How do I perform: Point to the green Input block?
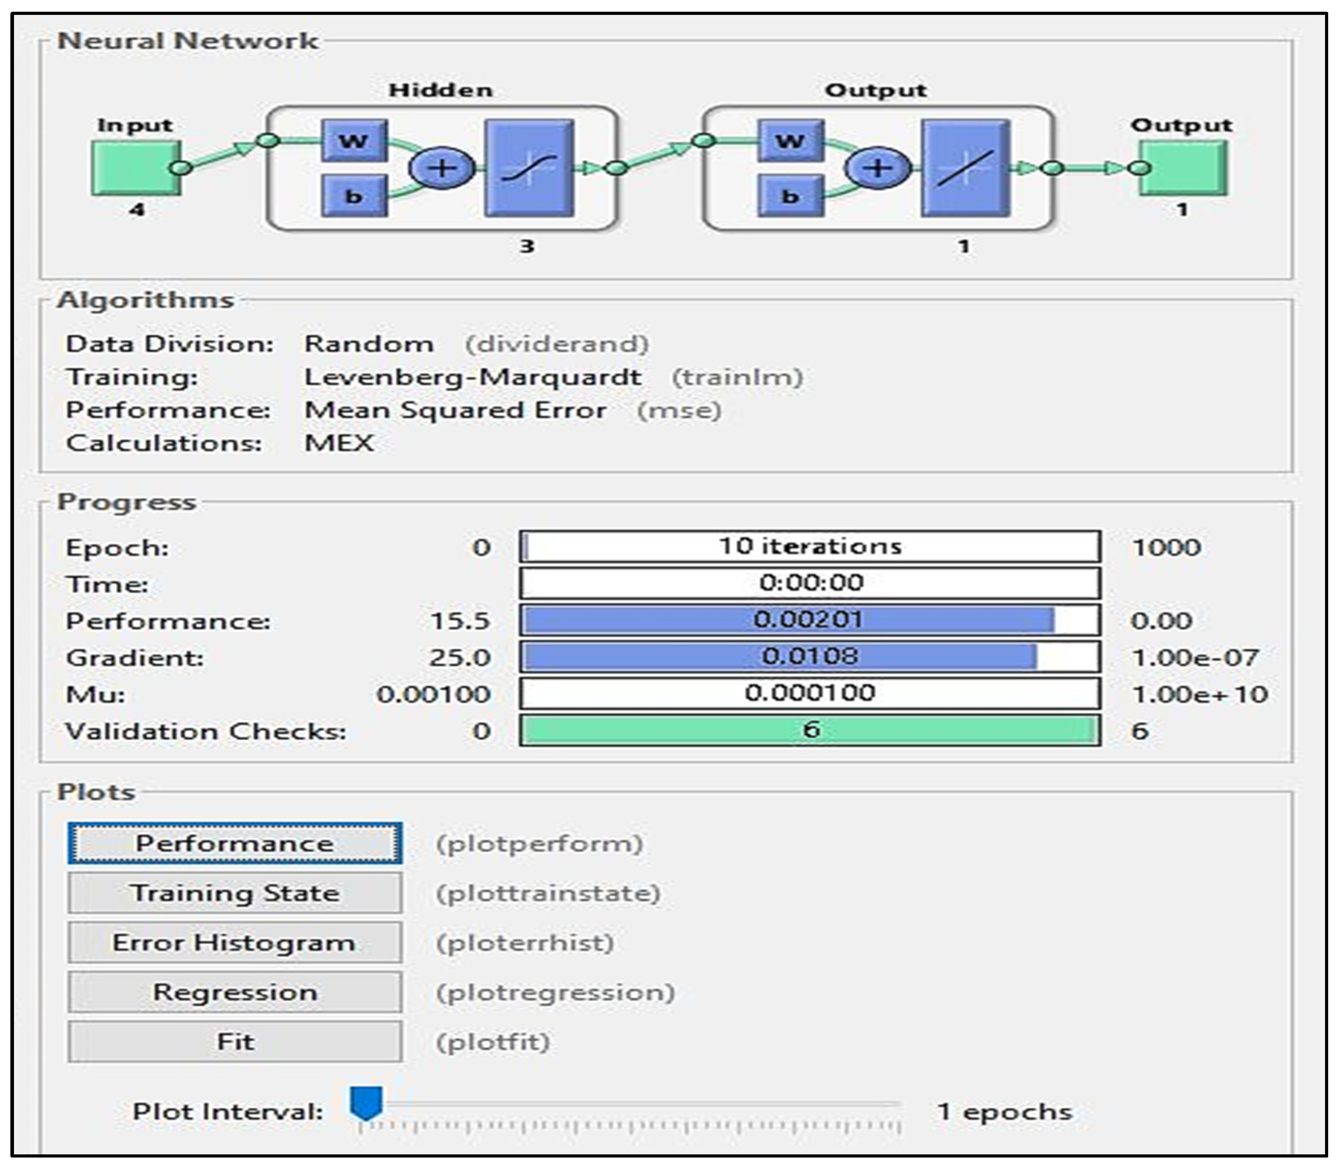(x=135, y=168)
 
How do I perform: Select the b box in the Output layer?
(x=790, y=195)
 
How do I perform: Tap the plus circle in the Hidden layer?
(x=441, y=168)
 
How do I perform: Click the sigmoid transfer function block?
(x=529, y=168)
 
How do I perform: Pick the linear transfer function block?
(x=965, y=168)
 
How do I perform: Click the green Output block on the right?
(x=1183, y=168)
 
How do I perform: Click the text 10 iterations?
(x=810, y=546)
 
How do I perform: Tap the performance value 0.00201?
(x=808, y=619)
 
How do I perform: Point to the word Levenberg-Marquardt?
(x=473, y=377)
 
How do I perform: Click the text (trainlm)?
(x=737, y=377)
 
